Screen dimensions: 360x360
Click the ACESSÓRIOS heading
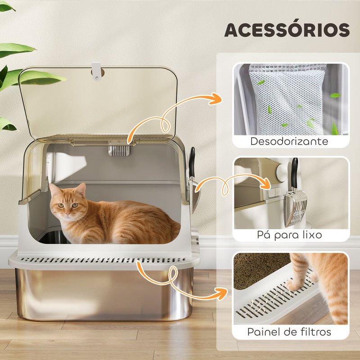pyautogui.click(x=287, y=30)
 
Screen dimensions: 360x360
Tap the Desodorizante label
pyautogui.click(x=289, y=141)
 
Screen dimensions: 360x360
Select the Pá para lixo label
pyautogui.click(x=289, y=235)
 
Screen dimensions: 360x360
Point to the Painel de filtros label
pyautogui.click(x=289, y=332)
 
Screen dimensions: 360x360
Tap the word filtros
pyautogui.click(x=316, y=332)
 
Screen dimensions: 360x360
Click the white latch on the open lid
pyautogui.click(x=96, y=72)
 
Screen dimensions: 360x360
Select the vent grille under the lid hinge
pyautogui.click(x=119, y=151)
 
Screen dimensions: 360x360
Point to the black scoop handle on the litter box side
pyautogui.click(x=192, y=162)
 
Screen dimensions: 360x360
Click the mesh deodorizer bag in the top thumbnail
pyautogui.click(x=288, y=99)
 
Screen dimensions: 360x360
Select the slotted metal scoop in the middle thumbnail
pyautogui.click(x=296, y=209)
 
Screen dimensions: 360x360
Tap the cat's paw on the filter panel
pyautogui.click(x=294, y=285)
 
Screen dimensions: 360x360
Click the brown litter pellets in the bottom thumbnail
pyautogui.click(x=260, y=269)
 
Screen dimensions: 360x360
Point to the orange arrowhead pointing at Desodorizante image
pyautogui.click(x=216, y=99)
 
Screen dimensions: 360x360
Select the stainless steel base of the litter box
pyautogui.click(x=104, y=295)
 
